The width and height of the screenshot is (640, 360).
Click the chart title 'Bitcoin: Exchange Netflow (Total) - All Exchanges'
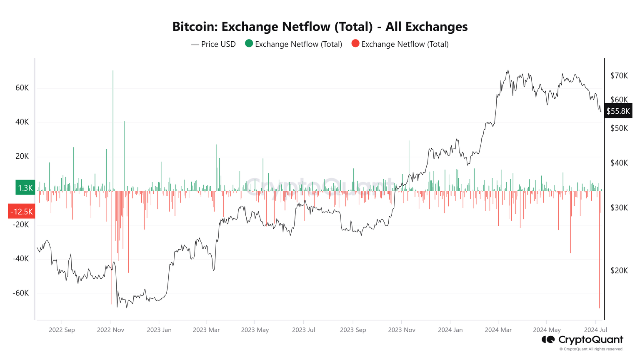point(320,27)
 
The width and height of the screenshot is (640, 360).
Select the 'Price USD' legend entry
point(213,44)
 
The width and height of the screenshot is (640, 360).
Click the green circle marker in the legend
point(249,44)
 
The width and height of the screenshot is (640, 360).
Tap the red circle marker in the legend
point(355,44)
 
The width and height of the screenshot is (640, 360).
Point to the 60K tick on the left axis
point(22,88)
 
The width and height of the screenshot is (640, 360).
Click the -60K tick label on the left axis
point(20,293)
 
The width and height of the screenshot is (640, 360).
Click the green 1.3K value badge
point(25,188)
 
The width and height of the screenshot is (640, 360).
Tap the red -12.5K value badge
point(22,212)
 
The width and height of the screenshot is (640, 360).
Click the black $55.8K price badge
point(618,111)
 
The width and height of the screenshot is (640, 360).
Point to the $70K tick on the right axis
point(619,76)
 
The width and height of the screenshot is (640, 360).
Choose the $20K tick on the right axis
point(619,271)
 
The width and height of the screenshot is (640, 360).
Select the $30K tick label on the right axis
point(619,208)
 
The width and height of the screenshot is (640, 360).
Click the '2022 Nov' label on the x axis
point(110,330)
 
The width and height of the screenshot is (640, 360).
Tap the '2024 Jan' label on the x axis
point(450,330)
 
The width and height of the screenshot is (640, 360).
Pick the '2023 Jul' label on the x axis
point(303,330)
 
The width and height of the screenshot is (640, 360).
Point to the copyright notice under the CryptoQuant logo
point(591,349)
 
